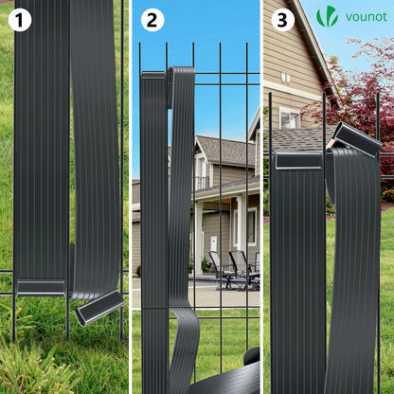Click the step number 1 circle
click(x=20, y=20)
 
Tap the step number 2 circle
click(x=152, y=20)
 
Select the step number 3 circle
click(x=283, y=20)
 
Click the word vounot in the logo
click(x=367, y=17)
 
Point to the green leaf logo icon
click(x=328, y=16)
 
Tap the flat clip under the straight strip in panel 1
click(x=41, y=287)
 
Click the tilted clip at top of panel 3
click(x=357, y=139)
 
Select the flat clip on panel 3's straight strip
click(x=298, y=160)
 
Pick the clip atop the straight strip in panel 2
click(x=153, y=76)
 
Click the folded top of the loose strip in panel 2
click(x=181, y=76)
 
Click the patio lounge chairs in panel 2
click(x=234, y=269)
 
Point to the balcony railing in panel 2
click(x=201, y=184)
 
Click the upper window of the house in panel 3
click(x=290, y=117)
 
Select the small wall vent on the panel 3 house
click(x=285, y=78)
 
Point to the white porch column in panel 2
click(x=199, y=239)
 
